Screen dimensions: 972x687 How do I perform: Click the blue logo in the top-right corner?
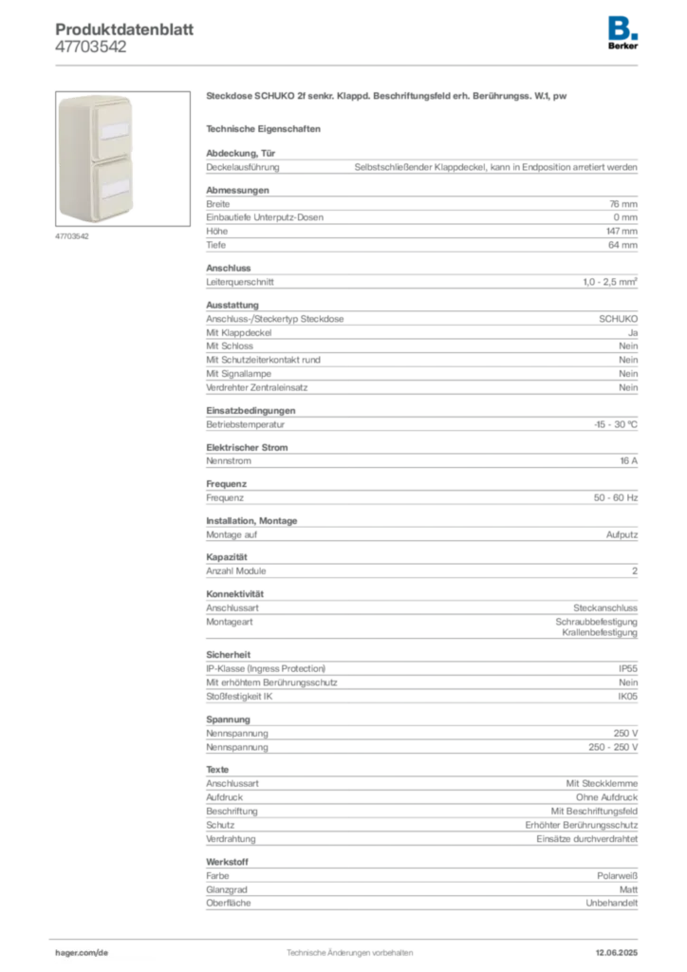pos(624,27)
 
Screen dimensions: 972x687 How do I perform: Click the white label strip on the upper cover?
pos(111,128)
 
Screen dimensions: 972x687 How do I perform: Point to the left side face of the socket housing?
pos(64,157)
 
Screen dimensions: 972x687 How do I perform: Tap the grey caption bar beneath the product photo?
pos(72,236)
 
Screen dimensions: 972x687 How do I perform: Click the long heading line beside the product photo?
pos(386,98)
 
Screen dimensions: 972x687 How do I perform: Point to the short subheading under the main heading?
pos(266,128)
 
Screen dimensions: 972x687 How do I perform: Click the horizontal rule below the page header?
pos(349,65)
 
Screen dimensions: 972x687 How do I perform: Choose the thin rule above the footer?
pos(349,934)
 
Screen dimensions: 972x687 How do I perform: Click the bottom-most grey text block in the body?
pos(420,888)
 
